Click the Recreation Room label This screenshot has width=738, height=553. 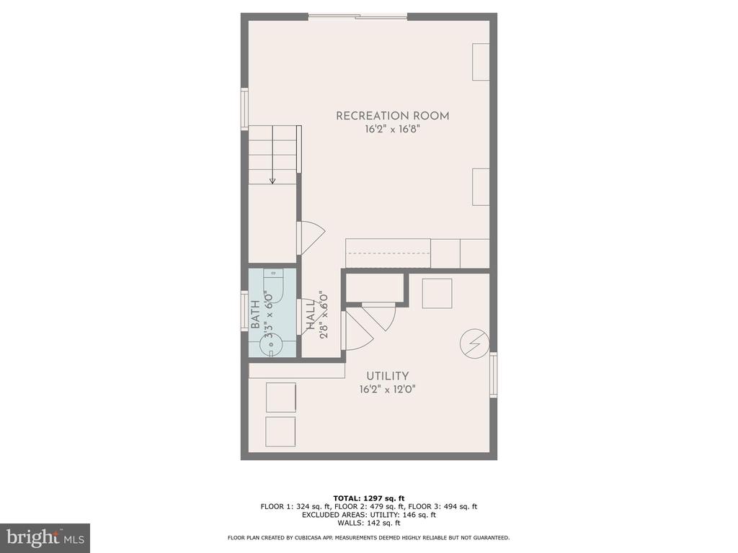coord(392,116)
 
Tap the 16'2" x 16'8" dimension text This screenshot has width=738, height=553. coord(392,130)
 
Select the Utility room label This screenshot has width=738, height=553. coord(387,376)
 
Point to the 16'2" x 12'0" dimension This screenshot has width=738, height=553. coord(387,390)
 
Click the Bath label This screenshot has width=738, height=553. coord(255,314)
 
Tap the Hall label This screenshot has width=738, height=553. coord(311,315)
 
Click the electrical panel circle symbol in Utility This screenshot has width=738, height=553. coord(474,343)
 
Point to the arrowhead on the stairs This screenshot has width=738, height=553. coord(272,181)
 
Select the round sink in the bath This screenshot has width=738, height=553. coord(272,345)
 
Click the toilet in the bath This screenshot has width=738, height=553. coord(273,287)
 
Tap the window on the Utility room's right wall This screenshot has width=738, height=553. coord(493,374)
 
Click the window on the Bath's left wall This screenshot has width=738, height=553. coord(245,311)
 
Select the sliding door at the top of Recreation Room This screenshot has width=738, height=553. coord(357,17)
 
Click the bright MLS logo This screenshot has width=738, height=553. coord(45,537)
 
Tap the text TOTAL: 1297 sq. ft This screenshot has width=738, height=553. coord(369,498)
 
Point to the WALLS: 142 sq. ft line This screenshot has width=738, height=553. coord(369,523)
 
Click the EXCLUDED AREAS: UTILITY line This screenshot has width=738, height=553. coord(369,515)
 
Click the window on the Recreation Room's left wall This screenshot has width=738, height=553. coord(245,109)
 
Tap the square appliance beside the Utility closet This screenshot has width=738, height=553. coord(437,294)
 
